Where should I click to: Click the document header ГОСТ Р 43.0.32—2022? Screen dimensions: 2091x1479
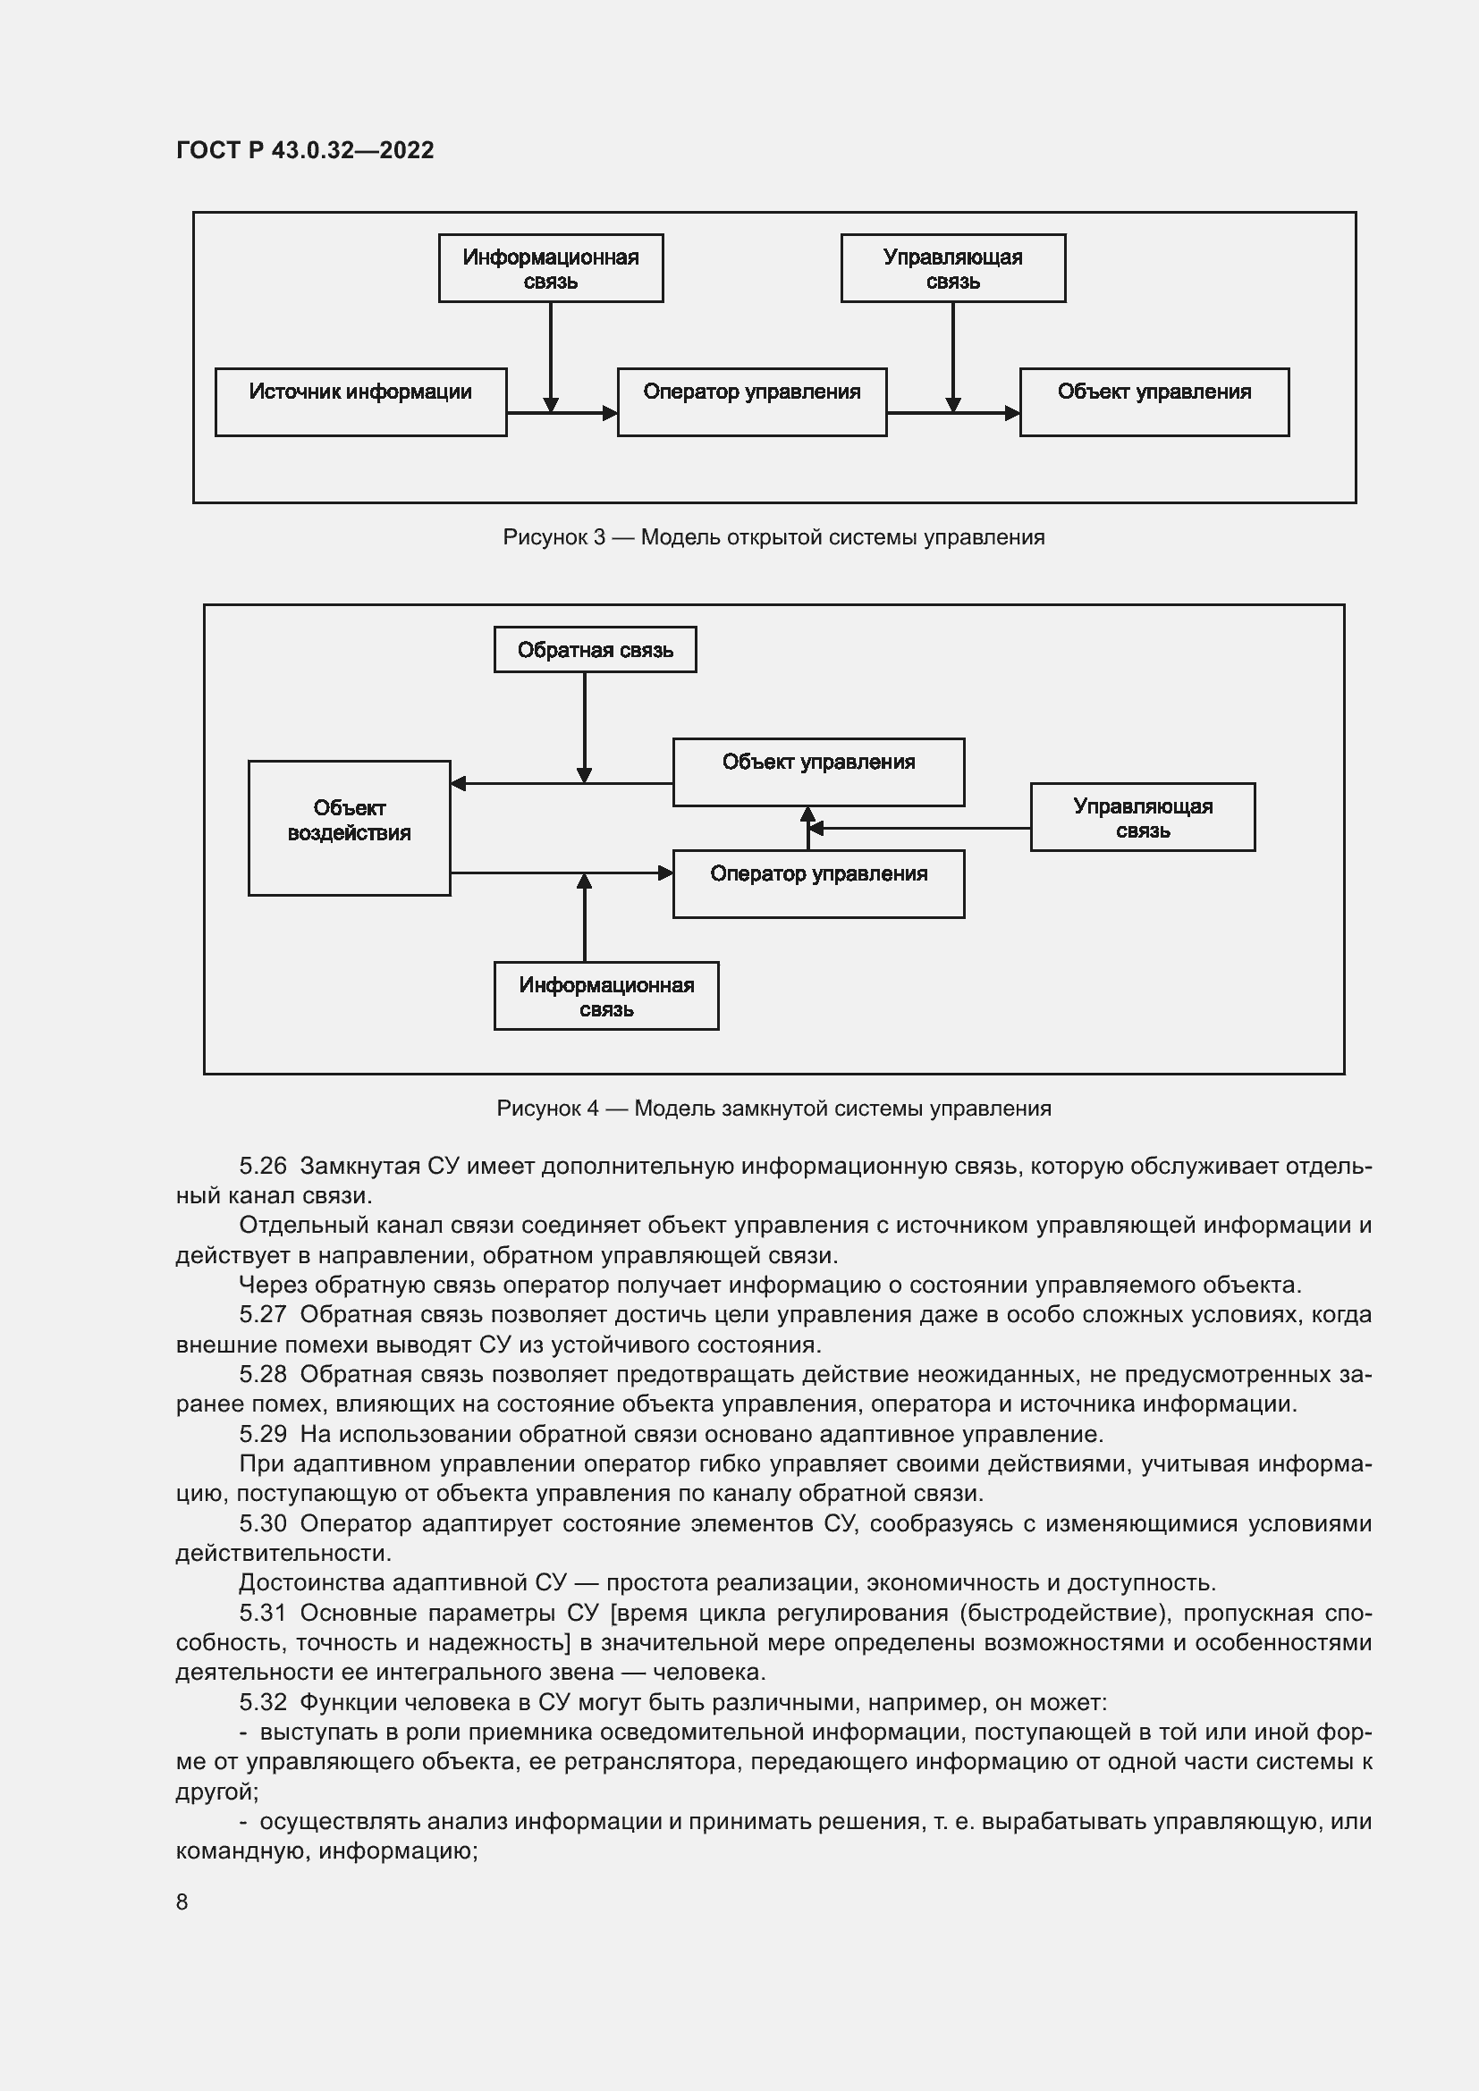[305, 150]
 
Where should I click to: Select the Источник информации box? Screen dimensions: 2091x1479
[360, 401]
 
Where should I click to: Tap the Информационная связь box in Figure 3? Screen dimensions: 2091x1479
[550, 268]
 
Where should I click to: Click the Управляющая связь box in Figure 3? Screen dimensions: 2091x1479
[952, 268]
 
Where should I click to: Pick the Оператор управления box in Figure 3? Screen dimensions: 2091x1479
[751, 401]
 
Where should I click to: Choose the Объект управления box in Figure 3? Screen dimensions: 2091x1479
[1154, 401]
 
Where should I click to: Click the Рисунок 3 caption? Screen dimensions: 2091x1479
[773, 537]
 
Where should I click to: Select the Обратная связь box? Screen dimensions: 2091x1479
[595, 649]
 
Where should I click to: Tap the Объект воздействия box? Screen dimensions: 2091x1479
[349, 828]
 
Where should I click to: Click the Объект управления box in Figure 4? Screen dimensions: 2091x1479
[818, 771]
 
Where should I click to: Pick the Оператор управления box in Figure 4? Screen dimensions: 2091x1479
[818, 883]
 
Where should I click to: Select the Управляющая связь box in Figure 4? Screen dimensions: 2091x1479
[1142, 817]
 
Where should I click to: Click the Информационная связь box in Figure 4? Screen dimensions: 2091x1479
[605, 995]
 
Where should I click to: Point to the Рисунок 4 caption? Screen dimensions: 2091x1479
[773, 1109]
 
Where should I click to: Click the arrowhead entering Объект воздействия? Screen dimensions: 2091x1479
[458, 783]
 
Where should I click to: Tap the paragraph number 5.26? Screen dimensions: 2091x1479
[262, 1166]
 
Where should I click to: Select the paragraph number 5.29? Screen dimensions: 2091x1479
[262, 1434]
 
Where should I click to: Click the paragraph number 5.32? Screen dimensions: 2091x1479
[262, 1702]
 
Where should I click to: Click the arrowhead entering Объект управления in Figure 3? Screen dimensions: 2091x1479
[1012, 414]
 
